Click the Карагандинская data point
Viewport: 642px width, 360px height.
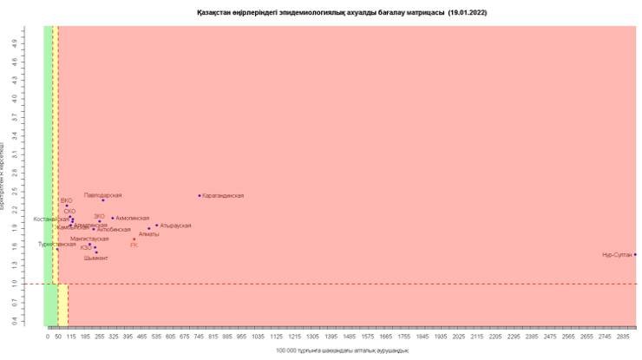(x=200, y=196)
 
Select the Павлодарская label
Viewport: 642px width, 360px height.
(x=102, y=195)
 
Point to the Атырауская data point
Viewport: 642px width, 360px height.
(x=157, y=226)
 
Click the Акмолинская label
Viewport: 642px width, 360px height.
(x=133, y=219)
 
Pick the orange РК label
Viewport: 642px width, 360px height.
(x=134, y=245)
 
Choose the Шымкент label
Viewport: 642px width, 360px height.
(x=96, y=259)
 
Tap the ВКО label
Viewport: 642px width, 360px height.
(x=67, y=200)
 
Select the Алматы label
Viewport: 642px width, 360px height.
(x=149, y=234)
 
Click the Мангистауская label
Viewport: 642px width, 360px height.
(x=89, y=239)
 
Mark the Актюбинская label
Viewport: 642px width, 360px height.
(x=114, y=230)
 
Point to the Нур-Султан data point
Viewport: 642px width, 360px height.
(x=635, y=254)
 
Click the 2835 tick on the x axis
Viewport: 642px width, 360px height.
(x=623, y=335)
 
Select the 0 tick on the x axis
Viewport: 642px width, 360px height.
(x=47, y=335)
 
